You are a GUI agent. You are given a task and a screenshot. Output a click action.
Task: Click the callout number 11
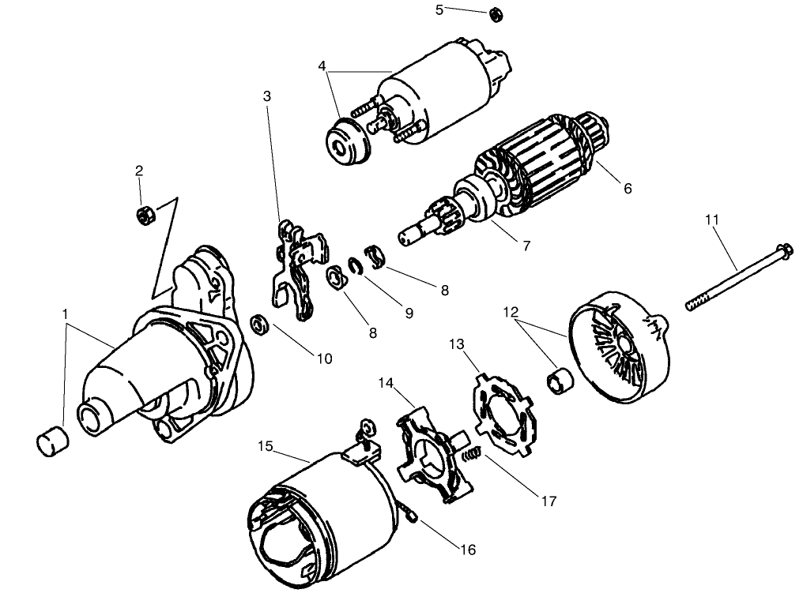[x=712, y=220]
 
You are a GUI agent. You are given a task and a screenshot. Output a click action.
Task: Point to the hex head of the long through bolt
[x=786, y=253]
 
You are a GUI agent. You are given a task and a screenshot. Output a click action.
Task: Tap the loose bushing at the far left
[x=54, y=441]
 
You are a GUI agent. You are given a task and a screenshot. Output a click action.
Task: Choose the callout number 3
[x=267, y=96]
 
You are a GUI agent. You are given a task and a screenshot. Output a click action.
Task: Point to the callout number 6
[x=628, y=189]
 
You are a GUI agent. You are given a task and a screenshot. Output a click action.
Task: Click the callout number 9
[x=409, y=313]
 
